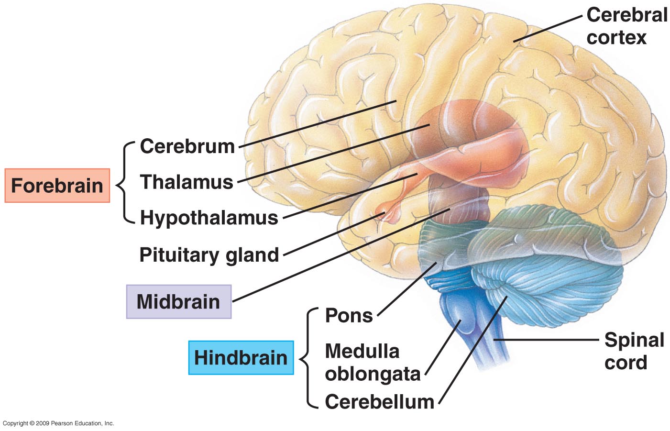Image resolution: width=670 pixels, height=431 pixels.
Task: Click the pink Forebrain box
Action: pos(57,185)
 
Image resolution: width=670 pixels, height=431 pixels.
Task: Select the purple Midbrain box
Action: pos(178,301)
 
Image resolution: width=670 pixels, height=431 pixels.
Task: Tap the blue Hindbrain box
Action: pos(241,357)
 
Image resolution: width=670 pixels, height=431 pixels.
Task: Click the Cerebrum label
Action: pos(187,146)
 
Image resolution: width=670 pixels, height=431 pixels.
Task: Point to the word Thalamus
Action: pos(186,182)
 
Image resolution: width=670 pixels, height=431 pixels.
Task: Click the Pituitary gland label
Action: pos(209,254)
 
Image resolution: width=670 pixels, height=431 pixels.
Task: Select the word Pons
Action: pos(349,315)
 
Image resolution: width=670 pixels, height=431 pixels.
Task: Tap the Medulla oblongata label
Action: pos(372,362)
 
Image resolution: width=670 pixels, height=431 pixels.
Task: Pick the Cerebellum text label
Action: pos(379,401)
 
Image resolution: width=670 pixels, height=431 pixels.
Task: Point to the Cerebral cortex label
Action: pos(626,26)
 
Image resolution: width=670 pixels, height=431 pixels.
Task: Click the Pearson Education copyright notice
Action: pos(58,423)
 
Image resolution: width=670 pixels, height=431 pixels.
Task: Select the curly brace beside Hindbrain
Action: pos(307,358)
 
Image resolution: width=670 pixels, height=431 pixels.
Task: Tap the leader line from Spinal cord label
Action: pos(545,340)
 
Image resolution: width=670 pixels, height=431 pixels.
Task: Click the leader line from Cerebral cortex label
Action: pos(548,29)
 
